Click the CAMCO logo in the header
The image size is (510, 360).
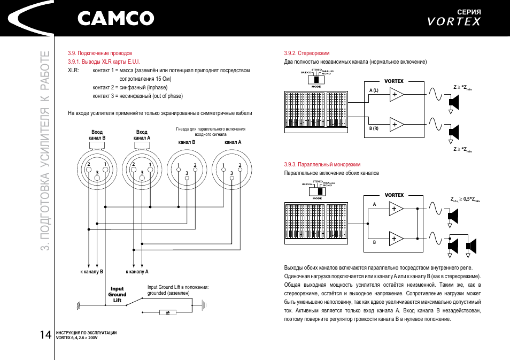click(115, 19)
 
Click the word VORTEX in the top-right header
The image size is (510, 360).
click(454, 22)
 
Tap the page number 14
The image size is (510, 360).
click(45, 334)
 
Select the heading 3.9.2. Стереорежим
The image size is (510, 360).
click(307, 53)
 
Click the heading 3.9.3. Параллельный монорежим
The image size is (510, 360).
click(322, 164)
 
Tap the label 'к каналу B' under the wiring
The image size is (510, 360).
click(91, 272)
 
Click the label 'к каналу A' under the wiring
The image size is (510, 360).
click(137, 272)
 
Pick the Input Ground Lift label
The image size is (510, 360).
click(117, 294)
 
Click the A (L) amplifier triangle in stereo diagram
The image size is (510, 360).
click(397, 95)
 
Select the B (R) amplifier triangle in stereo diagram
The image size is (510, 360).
click(397, 125)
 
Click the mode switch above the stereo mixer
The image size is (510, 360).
click(316, 78)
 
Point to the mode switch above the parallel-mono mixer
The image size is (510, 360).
click(316, 191)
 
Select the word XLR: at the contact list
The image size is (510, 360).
click(74, 70)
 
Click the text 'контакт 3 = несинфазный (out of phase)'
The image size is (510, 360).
click(137, 96)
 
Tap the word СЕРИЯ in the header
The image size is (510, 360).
click(469, 12)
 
